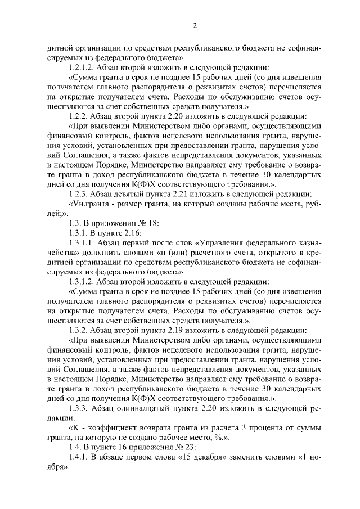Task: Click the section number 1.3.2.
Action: [x=79, y=329]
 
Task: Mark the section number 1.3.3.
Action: [x=79, y=409]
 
